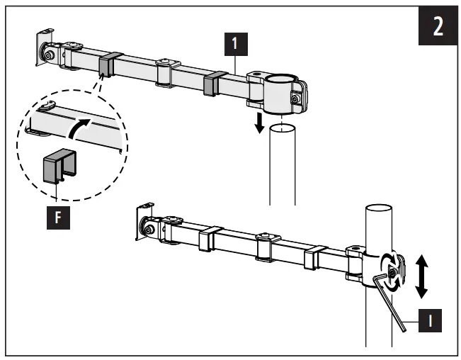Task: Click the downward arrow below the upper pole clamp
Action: [261, 124]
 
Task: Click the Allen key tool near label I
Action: [390, 298]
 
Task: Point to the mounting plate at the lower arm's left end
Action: [144, 220]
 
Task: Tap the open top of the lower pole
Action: [380, 210]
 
